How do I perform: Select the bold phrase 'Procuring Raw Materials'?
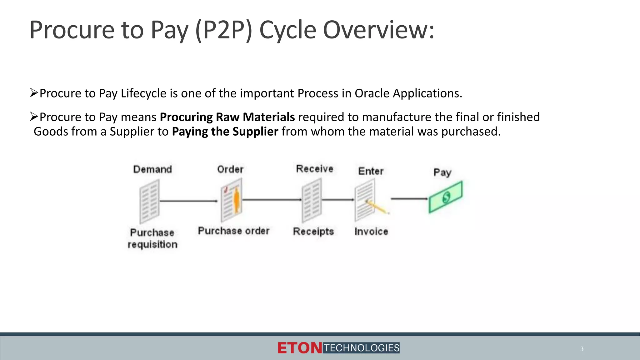227,117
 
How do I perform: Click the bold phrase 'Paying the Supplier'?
225,132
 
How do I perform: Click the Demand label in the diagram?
152,169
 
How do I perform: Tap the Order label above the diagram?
230,169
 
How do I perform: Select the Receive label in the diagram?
315,169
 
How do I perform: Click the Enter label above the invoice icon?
371,171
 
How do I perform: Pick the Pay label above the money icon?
442,172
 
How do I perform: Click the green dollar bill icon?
446,197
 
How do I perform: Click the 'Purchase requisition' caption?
152,238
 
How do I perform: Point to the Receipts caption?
313,232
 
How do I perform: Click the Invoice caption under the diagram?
371,232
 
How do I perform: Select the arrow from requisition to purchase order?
188,201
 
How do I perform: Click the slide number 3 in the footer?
582,349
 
